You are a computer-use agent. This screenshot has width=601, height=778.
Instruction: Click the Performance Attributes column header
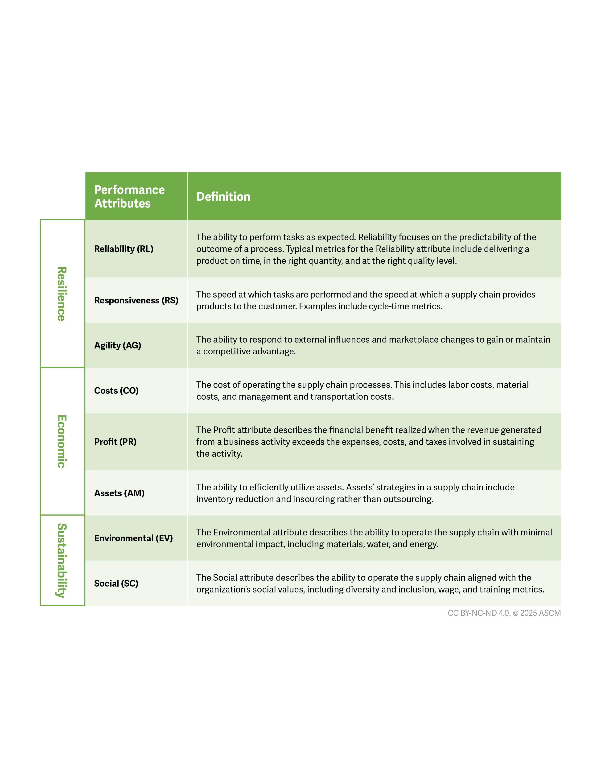pyautogui.click(x=129, y=196)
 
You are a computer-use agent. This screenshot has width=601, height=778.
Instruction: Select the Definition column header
pyautogui.click(x=223, y=197)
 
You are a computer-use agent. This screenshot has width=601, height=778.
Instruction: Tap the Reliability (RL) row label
pyautogui.click(x=123, y=249)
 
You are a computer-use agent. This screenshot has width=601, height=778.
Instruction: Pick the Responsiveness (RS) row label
pyautogui.click(x=136, y=300)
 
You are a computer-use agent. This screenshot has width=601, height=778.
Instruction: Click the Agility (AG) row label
pyautogui.click(x=118, y=345)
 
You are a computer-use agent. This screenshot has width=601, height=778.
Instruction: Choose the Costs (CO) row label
pyautogui.click(x=116, y=390)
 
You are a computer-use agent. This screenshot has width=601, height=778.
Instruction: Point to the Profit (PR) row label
pyautogui.click(x=115, y=442)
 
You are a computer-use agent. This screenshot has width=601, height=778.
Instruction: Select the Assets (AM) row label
pyautogui.click(x=119, y=493)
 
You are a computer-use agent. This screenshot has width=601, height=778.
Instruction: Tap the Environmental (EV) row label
pyautogui.click(x=133, y=538)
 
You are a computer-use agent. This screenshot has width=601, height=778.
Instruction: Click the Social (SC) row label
pyautogui.click(x=116, y=583)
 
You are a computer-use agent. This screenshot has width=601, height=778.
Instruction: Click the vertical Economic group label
pyautogui.click(x=62, y=441)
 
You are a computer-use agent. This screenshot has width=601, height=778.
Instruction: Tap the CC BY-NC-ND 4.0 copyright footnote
pyautogui.click(x=504, y=613)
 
